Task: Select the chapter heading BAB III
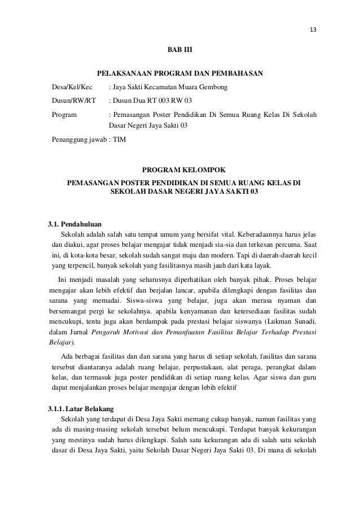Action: (180, 51)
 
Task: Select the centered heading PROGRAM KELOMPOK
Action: (180, 169)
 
